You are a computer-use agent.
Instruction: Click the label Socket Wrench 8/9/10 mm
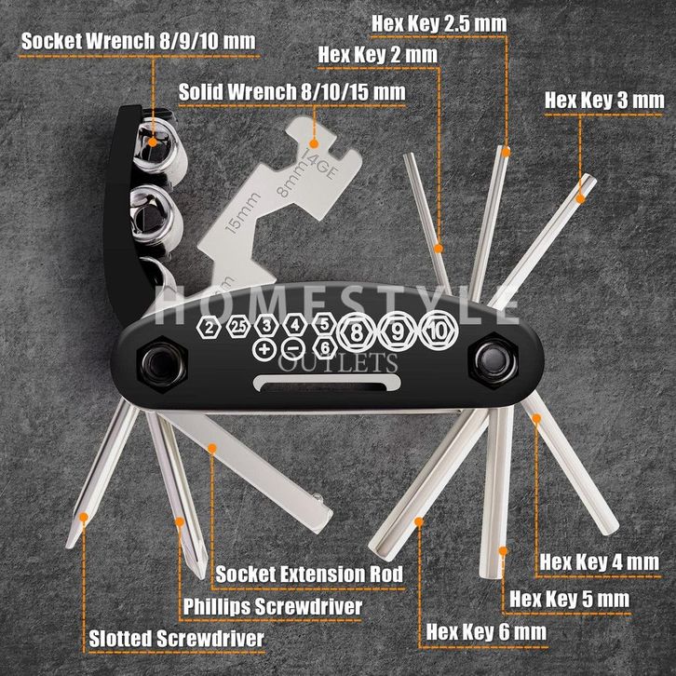(137, 42)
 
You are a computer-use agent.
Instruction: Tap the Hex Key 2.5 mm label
(439, 21)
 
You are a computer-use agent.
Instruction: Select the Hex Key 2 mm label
(377, 54)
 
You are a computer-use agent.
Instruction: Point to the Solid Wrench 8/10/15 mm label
(292, 91)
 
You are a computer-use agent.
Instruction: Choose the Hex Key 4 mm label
(600, 562)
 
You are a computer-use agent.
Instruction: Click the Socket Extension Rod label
(309, 574)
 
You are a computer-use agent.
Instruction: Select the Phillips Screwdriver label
(271, 607)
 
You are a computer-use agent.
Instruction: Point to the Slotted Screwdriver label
(176, 640)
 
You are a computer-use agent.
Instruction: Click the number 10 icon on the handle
(436, 331)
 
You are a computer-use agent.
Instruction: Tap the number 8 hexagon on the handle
(357, 331)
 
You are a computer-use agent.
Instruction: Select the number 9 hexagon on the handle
(397, 331)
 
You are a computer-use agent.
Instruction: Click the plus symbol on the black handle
(264, 347)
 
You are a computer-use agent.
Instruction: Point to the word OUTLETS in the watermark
(356, 361)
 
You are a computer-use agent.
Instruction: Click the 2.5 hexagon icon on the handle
(238, 326)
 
